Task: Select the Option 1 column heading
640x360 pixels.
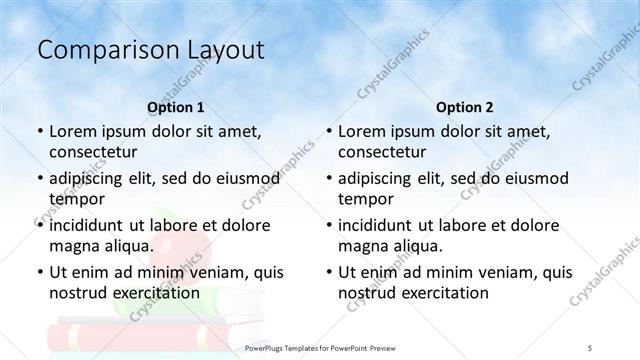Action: point(175,107)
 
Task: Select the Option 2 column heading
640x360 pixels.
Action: point(465,107)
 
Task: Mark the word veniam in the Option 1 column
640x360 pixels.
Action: point(209,272)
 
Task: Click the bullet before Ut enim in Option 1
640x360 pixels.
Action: point(39,272)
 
